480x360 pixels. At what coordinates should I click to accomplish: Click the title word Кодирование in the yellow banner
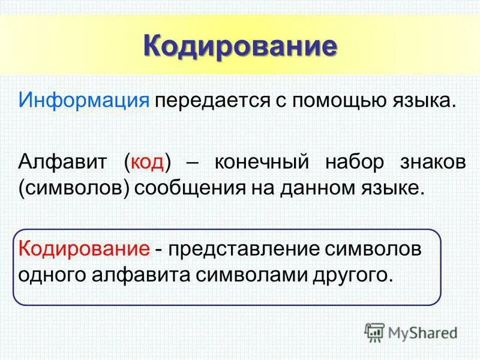click(x=239, y=47)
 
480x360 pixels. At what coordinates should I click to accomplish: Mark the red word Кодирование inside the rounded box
click(x=83, y=248)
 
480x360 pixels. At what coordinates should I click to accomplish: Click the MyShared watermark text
click(x=422, y=332)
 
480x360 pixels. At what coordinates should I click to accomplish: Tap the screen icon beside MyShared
click(x=374, y=332)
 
